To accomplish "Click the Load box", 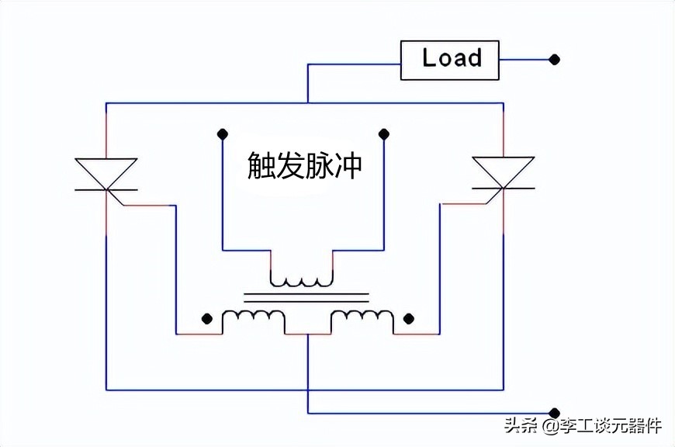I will coord(449,59).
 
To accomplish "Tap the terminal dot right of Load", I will coord(554,59).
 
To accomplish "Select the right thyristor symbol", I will coord(504,173).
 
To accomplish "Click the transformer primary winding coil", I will coord(302,278).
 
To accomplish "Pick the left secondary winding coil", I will coord(254,318).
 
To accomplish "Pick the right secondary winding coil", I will coord(362,318).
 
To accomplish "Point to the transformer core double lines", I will coord(306,296).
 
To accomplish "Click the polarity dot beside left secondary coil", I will coord(206,318).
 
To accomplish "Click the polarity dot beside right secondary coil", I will coord(409,318).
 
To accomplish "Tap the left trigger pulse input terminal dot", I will coord(222,133).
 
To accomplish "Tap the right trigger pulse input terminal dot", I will coord(383,133).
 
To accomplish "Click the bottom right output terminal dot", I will coord(554,413).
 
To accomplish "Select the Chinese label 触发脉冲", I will coord(304,165).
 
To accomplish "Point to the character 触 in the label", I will coord(261,165).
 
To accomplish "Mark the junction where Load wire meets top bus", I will coord(308,102).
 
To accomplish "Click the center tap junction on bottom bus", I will coord(308,389).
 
